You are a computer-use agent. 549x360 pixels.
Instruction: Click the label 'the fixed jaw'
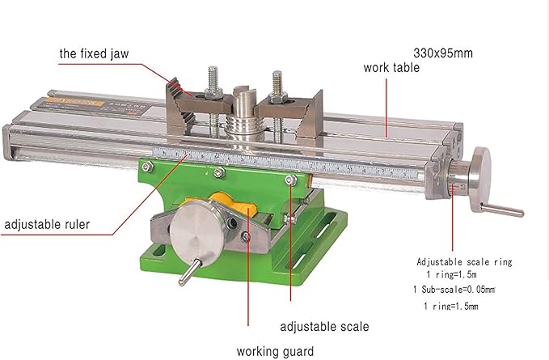click(x=94, y=54)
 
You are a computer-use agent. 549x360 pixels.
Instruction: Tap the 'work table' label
click(x=392, y=68)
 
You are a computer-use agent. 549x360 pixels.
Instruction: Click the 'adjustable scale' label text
click(x=324, y=327)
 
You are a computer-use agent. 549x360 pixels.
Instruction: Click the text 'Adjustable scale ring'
click(x=464, y=262)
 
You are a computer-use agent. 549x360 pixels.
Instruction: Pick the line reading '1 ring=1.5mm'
click(x=450, y=307)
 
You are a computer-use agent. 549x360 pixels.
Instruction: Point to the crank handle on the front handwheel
click(x=185, y=273)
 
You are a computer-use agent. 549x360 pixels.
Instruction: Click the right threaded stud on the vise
click(x=277, y=83)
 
